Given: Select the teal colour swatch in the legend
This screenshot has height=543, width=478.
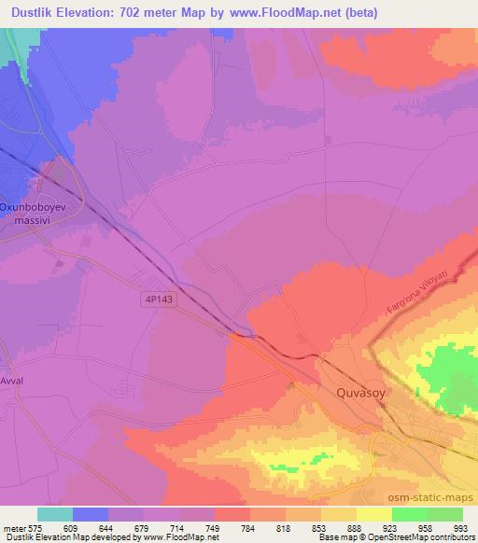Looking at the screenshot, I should click(54, 514).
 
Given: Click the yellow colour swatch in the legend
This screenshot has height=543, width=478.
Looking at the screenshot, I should click(373, 514).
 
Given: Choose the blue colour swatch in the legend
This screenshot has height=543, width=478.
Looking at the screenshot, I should click(90, 514).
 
